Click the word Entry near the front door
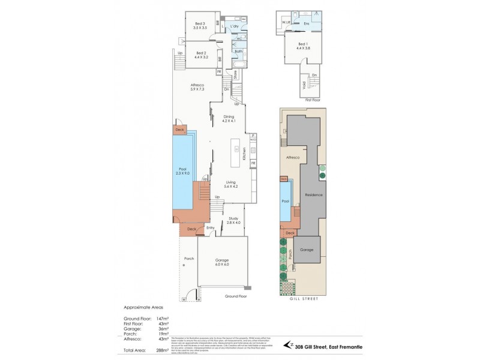pyautogui.click(x=211, y=228)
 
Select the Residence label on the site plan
pyautogui.click(x=314, y=195)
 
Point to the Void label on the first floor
pyautogui.click(x=304, y=88)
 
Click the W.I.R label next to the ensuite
pyautogui.click(x=286, y=23)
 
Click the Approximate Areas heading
pyautogui.click(x=143, y=307)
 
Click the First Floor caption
pyautogui.click(x=313, y=100)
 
